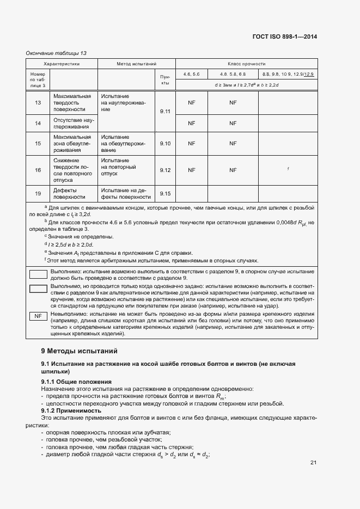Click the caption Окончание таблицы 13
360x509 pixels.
pyautogui.click(x=56, y=53)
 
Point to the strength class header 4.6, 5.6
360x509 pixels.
pyautogui.click(x=191, y=73)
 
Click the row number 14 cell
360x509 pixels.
pyautogui.click(x=38, y=123)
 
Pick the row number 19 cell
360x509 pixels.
pyautogui.click(x=38, y=194)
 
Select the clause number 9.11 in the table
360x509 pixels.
pyautogui.click(x=165, y=112)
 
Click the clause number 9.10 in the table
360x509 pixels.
pyautogui.click(x=165, y=144)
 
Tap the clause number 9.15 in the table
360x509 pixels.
pyautogui.click(x=165, y=194)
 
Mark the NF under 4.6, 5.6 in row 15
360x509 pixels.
pyautogui.click(x=191, y=144)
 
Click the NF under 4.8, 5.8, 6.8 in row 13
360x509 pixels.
pyautogui.click(x=233, y=102)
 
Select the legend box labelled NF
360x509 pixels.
pyautogui.click(x=38, y=316)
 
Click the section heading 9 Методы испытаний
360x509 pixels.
pyautogui.click(x=79, y=351)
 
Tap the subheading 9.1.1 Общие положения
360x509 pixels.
pyautogui.click(x=76, y=382)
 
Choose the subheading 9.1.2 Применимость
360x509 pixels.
pyautogui.click(x=71, y=410)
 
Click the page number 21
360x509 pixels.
pyautogui.click(x=313, y=463)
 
